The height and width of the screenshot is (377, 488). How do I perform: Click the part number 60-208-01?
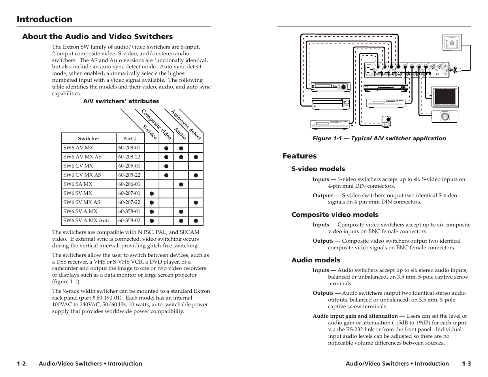coord(129,148)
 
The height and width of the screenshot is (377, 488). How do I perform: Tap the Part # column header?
coord(130,139)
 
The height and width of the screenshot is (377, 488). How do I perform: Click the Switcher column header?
coord(89,139)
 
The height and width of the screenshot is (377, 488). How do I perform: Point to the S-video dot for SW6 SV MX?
coord(152,194)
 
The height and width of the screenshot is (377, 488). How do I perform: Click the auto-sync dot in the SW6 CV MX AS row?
coord(196,175)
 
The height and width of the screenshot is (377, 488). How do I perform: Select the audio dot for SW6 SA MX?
coord(181,185)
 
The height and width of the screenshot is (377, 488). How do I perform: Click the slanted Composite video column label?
coord(156,124)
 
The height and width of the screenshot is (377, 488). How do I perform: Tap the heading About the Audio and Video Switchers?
coord(97,37)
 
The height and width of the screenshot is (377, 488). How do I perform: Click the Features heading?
coord(300,156)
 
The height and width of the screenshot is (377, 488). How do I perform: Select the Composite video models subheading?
coord(335,215)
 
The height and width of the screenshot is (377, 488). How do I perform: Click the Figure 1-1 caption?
coord(379,138)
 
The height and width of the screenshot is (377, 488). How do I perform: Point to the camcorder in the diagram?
coord(386,121)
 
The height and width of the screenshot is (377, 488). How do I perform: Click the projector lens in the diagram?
coord(445,117)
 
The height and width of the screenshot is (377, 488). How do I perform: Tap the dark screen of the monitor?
coord(445,97)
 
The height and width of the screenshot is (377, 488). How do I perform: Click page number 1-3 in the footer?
coord(467,364)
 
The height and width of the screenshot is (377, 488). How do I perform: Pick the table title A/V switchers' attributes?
coord(121,101)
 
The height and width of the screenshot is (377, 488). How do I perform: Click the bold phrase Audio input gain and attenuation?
coord(355,316)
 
